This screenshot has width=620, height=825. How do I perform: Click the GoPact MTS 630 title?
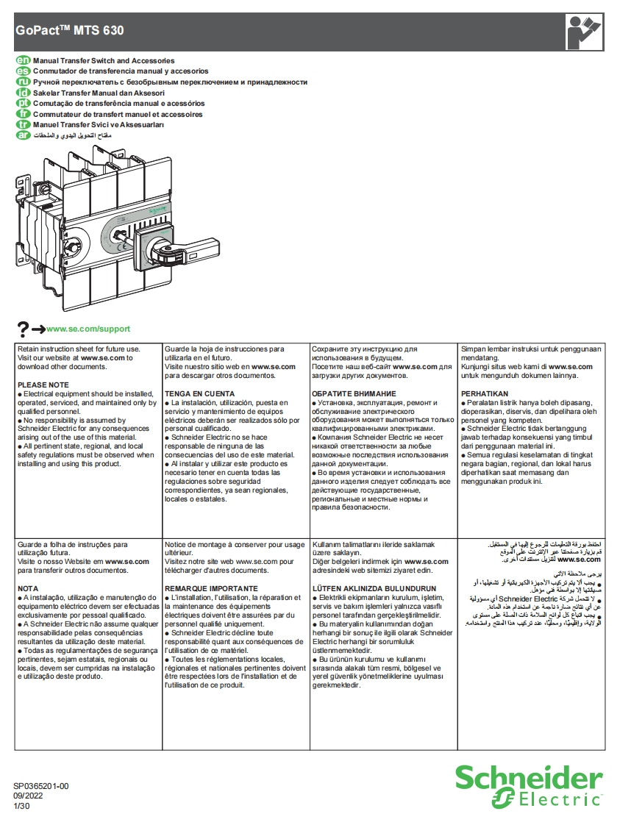[x=70, y=31]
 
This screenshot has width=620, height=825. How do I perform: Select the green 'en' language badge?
[x=22, y=60]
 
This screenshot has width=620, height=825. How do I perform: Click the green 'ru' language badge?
[x=22, y=82]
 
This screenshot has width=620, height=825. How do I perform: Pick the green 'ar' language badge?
[x=22, y=135]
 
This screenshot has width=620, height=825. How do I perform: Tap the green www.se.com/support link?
[x=88, y=329]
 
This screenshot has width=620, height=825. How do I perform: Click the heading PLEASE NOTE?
[x=43, y=385]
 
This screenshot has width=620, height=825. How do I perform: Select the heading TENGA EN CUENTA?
[x=199, y=394]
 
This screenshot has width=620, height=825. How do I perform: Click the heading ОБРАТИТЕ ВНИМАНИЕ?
[x=354, y=394]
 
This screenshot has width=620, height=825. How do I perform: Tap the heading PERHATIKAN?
[x=484, y=394]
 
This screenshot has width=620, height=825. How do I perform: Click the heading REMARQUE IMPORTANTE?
[x=211, y=589]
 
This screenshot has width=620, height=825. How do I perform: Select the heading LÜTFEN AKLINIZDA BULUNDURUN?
[x=374, y=589]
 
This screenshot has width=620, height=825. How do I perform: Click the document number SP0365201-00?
[x=41, y=786]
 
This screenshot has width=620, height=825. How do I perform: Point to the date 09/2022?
[x=27, y=796]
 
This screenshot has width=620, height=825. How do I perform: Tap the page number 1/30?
[x=21, y=806]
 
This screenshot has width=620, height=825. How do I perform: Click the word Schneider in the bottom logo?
[x=528, y=778]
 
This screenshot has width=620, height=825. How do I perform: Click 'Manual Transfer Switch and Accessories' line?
[x=104, y=60]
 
